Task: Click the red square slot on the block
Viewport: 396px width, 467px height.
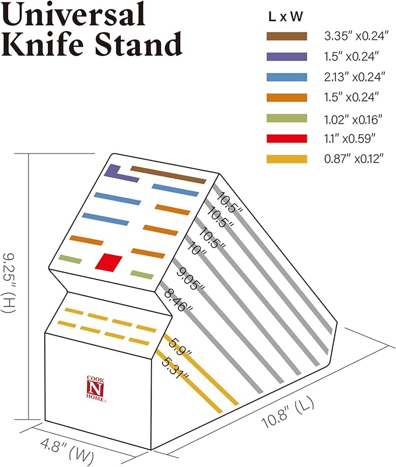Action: [x=108, y=263]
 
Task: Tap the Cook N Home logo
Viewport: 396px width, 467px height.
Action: [x=96, y=389]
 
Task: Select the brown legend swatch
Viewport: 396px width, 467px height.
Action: [x=287, y=36]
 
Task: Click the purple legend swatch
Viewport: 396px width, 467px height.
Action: [x=287, y=57]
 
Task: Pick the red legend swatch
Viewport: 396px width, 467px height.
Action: [x=287, y=138]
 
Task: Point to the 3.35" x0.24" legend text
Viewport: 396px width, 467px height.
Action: [x=356, y=36]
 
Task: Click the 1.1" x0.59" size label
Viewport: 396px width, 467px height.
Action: [x=350, y=138]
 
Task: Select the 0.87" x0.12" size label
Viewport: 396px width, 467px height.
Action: [x=354, y=159]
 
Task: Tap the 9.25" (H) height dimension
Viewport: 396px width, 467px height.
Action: [x=9, y=283]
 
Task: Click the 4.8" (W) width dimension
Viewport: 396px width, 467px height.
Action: [x=67, y=450]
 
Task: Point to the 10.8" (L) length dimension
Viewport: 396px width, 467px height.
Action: [x=288, y=413]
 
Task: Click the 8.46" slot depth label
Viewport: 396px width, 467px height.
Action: [x=178, y=301]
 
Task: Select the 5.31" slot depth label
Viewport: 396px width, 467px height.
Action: [x=176, y=368]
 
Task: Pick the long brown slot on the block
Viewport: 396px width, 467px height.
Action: [x=169, y=175]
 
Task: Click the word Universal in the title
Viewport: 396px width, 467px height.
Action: [x=74, y=14]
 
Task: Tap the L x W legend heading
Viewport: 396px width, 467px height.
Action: [x=286, y=17]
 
